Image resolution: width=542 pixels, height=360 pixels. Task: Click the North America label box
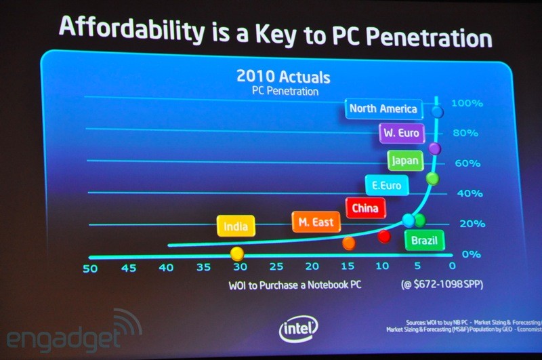[x=383, y=108]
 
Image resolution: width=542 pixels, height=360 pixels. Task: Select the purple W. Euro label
[x=401, y=133]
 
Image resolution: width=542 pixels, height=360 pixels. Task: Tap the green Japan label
[x=405, y=161]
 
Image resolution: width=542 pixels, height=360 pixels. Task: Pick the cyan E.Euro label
[x=387, y=185]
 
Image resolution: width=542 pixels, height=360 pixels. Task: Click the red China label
[x=365, y=207]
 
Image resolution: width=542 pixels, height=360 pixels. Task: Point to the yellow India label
[x=236, y=226]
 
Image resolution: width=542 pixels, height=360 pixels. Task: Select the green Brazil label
[x=424, y=240]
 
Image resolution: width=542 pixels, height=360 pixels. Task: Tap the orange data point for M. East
[x=349, y=242]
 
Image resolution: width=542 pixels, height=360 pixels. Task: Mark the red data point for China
[x=384, y=236]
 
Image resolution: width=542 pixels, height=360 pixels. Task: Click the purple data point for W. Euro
[x=435, y=148]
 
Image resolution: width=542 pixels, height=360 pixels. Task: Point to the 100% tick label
[x=467, y=104]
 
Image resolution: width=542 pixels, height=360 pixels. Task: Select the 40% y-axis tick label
[x=467, y=193]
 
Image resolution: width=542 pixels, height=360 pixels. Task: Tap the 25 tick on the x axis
[x=276, y=268]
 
